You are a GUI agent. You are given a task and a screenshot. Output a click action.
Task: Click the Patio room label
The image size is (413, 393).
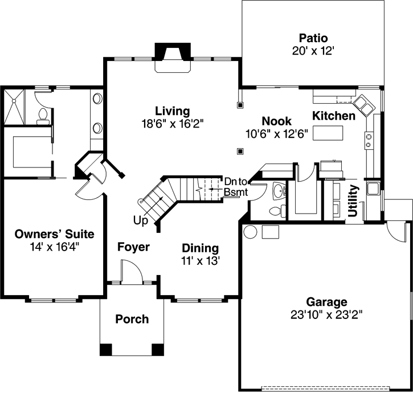click(313, 39)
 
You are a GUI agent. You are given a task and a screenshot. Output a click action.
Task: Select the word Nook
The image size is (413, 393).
click(276, 121)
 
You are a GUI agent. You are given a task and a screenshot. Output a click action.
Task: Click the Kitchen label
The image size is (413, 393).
click(334, 116)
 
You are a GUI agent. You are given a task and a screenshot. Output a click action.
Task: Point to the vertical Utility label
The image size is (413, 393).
click(353, 201)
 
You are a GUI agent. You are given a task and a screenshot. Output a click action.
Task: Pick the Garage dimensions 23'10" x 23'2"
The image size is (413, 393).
click(326, 313)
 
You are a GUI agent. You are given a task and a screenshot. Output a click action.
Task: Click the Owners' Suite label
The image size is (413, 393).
click(54, 234)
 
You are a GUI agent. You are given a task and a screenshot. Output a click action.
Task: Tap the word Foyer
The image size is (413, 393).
click(133, 247)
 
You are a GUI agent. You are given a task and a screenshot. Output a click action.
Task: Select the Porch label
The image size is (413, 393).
click(132, 319)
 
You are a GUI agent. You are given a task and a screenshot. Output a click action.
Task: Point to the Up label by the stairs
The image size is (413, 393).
click(141, 220)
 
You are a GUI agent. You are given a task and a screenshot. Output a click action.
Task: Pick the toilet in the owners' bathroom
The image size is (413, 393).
click(42, 117)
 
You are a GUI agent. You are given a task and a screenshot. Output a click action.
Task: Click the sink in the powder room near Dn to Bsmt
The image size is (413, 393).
click(278, 190)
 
